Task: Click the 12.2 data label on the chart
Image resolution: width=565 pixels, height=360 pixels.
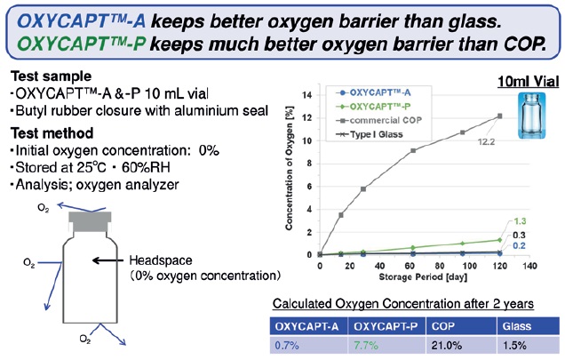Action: [486, 141]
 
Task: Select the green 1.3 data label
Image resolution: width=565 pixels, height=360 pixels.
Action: [520, 221]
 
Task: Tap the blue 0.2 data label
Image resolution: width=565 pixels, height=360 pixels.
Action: [519, 245]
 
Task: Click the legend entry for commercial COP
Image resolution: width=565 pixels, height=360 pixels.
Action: [378, 120]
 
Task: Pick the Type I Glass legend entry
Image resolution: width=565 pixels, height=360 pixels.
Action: [370, 134]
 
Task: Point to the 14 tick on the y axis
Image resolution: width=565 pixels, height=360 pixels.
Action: [307, 95]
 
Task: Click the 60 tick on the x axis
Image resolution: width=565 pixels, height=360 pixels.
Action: [410, 266]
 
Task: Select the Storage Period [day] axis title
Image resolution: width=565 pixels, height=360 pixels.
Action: [423, 277]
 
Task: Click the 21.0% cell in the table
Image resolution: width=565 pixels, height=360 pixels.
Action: [447, 345]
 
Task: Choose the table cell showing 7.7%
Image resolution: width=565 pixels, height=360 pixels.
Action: [366, 345]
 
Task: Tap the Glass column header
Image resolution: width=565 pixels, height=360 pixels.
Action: [517, 326]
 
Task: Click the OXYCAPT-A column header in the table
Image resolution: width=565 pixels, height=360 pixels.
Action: [306, 326]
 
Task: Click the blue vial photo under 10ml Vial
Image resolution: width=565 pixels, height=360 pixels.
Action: [531, 116]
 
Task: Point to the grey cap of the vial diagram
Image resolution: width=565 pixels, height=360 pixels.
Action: [90, 221]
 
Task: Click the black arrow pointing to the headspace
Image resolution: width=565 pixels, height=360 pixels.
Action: [107, 260]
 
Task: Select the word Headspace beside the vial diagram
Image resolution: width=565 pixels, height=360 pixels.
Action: [161, 260]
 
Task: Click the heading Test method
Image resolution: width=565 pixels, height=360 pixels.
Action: [52, 133]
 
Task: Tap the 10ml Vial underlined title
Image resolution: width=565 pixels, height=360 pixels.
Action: [529, 82]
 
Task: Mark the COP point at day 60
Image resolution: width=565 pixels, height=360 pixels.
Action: [413, 150]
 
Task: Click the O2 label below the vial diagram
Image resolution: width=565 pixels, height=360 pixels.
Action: [85, 339]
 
